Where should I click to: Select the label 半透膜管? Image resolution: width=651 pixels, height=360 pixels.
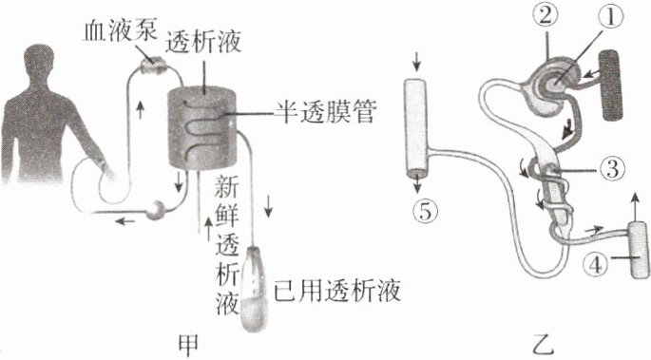[x=325, y=111]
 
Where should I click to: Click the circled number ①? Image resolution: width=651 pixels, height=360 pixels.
[x=609, y=19]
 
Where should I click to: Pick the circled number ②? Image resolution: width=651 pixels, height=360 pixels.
[x=546, y=16]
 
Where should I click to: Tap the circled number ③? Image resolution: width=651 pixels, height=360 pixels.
[x=611, y=169]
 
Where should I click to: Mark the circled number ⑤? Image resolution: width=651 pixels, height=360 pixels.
[x=425, y=212]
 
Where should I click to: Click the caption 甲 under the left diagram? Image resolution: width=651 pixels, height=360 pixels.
[x=187, y=344]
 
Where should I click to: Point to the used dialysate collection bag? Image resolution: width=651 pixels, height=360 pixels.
[x=254, y=289]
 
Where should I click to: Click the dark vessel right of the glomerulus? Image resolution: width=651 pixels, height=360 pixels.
[x=611, y=85]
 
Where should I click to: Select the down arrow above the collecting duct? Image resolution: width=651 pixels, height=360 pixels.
[x=417, y=64]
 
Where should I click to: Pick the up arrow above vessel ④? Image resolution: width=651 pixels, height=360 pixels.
[x=635, y=204]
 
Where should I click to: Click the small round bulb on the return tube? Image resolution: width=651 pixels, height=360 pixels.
[x=156, y=210]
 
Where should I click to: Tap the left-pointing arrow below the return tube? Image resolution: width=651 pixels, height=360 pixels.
[x=124, y=221]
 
